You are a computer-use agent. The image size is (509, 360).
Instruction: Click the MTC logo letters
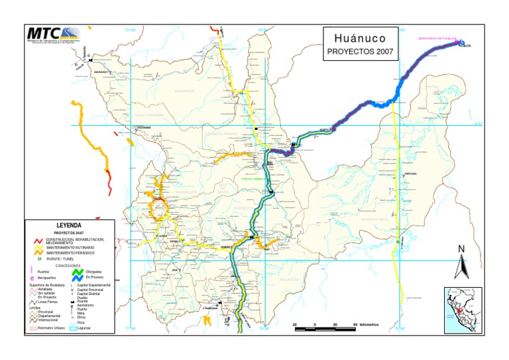coord(43,32)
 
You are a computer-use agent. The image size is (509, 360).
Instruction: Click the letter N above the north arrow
coord(462,249)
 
